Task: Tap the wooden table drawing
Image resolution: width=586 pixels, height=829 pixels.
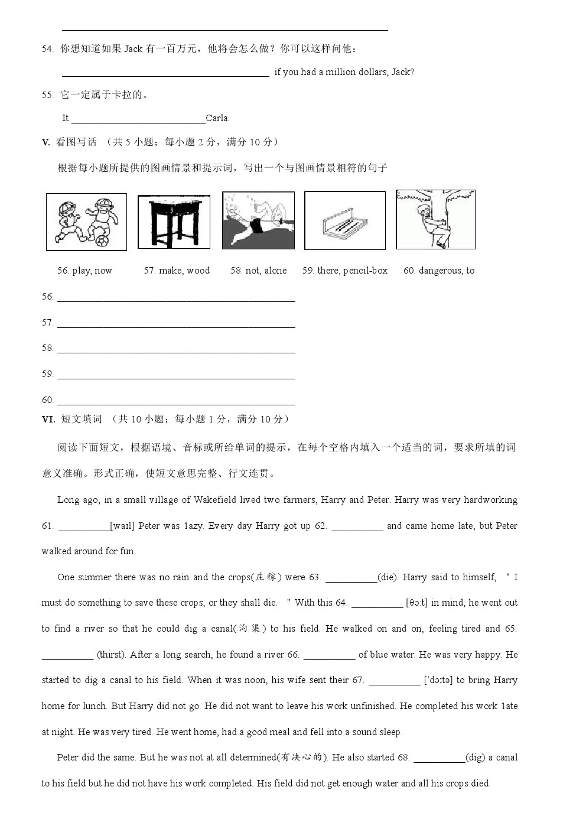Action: click(x=174, y=222)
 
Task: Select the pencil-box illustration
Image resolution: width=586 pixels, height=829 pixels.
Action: click(x=344, y=220)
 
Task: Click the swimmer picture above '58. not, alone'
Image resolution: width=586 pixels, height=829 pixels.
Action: click(x=258, y=220)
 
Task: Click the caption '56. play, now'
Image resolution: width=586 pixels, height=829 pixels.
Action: click(x=84, y=271)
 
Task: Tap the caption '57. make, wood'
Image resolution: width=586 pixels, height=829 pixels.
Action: click(x=177, y=271)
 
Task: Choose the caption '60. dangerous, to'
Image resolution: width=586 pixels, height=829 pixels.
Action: click(x=438, y=271)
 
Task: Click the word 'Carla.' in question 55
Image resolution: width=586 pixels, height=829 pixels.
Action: click(x=217, y=118)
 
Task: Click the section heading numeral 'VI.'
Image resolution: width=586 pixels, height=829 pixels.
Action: click(x=48, y=419)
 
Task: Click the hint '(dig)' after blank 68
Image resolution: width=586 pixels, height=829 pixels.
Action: click(x=475, y=758)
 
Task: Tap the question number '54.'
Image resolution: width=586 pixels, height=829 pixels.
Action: click(x=48, y=48)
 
